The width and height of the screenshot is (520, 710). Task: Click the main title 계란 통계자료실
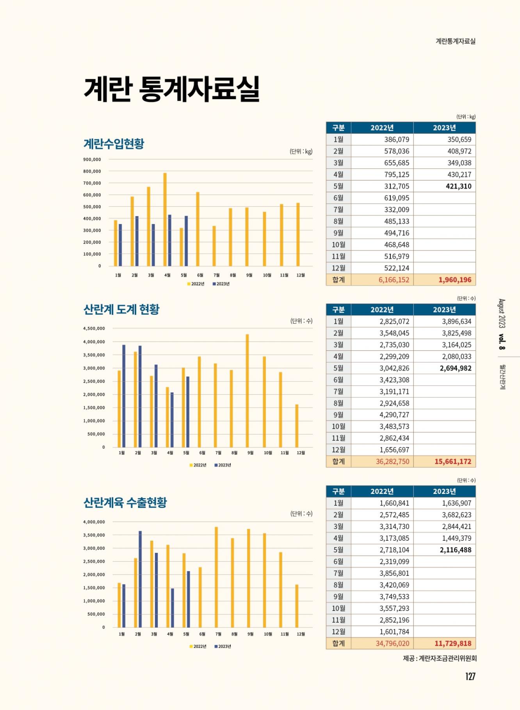point(172,89)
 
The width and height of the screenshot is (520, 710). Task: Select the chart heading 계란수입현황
point(114,144)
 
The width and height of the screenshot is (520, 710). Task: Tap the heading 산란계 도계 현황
point(121,309)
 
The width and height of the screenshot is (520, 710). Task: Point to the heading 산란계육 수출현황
point(125,502)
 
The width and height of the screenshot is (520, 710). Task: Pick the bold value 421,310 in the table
point(458,186)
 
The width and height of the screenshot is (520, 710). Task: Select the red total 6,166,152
point(394,280)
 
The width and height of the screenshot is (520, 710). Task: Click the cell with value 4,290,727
point(394,415)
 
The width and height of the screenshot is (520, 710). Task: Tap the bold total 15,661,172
point(453,461)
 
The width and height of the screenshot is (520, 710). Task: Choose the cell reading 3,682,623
point(456,515)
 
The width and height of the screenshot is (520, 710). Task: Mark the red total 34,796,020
point(392,643)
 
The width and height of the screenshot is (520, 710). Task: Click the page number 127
point(470,676)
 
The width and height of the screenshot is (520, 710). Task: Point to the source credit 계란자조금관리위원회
point(447,658)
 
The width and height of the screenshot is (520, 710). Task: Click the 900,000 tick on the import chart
point(92,160)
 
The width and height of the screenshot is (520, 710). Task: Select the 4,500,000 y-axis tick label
point(94,328)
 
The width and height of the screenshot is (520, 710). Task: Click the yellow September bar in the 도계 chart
point(247,390)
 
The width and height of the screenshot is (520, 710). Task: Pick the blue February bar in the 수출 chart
point(140,579)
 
